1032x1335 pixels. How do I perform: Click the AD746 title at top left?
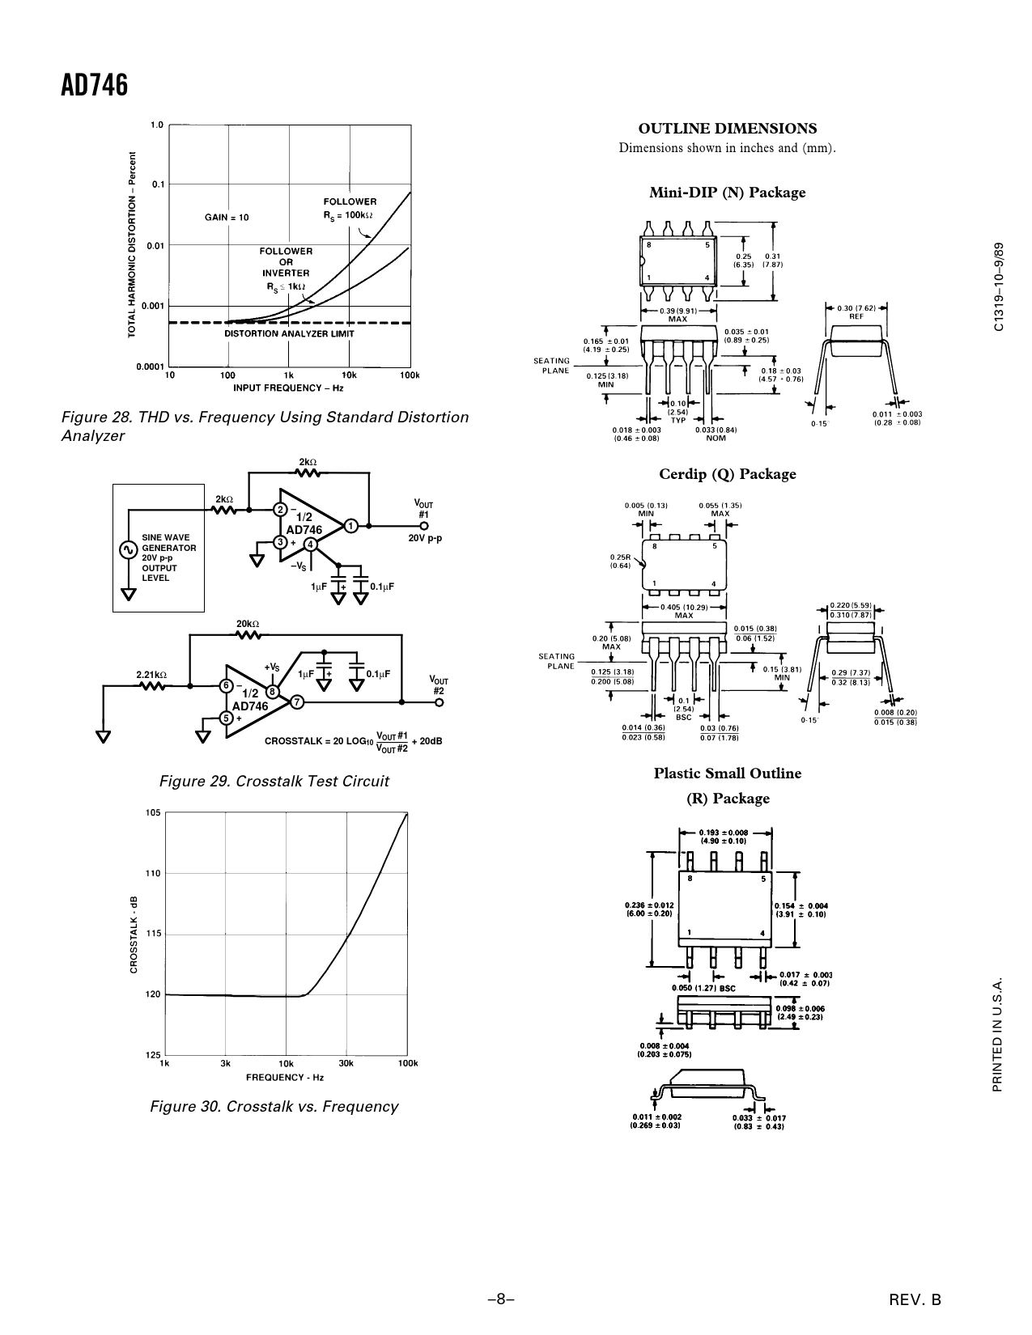click(x=94, y=86)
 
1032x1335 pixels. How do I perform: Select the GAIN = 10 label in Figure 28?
click(x=227, y=218)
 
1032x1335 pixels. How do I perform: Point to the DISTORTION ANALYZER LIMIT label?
click(x=289, y=333)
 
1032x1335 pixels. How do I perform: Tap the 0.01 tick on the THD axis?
click(x=155, y=246)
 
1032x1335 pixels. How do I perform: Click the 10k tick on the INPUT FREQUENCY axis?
click(x=349, y=375)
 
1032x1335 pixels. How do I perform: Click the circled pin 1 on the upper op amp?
click(x=351, y=526)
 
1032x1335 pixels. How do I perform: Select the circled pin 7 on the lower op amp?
click(x=297, y=701)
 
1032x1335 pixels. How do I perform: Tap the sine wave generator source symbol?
click(x=128, y=550)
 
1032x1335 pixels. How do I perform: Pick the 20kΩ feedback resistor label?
click(x=248, y=624)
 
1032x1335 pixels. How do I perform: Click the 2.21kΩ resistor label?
click(x=151, y=674)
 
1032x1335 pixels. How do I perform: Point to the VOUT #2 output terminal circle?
click(x=439, y=702)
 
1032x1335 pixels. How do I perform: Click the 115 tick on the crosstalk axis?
click(x=153, y=933)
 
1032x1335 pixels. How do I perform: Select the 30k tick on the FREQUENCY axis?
click(x=346, y=1063)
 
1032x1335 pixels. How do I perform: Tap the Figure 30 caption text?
click(x=274, y=1107)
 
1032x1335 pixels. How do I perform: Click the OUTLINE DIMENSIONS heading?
click(x=728, y=129)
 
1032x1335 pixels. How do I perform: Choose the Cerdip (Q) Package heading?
click(x=728, y=473)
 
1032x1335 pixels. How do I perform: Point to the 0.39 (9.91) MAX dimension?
click(x=678, y=316)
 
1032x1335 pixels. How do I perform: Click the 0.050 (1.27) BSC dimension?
click(x=703, y=988)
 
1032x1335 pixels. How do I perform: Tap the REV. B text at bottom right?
click(x=915, y=1299)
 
